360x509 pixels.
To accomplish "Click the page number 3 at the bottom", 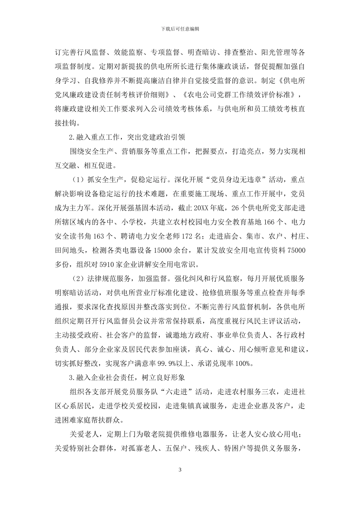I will tap(180, 470).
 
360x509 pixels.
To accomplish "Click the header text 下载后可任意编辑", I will tap(180, 29).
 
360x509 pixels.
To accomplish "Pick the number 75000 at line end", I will tap(297, 250).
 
